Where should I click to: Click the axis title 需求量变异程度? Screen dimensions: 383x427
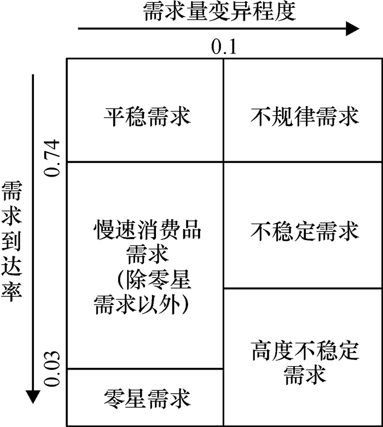click(x=219, y=11)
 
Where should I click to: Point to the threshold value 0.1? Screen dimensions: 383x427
click(x=223, y=48)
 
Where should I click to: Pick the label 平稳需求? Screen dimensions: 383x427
click(x=146, y=116)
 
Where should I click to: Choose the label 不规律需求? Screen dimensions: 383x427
click(x=305, y=116)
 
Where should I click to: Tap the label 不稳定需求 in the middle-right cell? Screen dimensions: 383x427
click(x=305, y=232)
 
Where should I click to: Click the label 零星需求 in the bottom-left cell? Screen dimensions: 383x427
click(x=146, y=399)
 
